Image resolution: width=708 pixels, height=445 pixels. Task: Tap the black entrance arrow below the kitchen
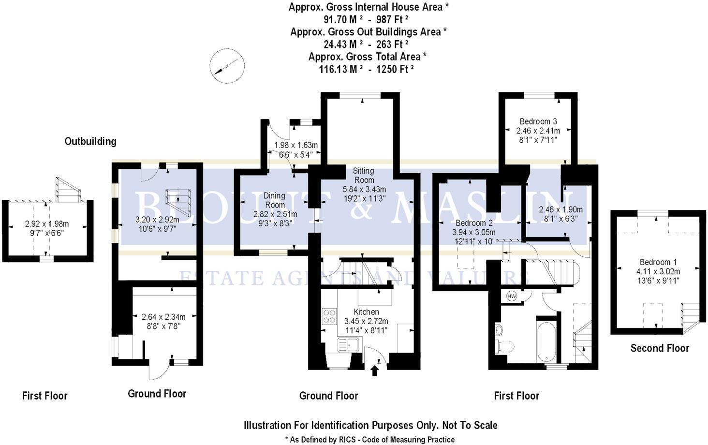374,371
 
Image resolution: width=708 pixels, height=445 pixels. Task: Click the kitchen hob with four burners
329,316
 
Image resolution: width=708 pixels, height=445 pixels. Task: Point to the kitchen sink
348,345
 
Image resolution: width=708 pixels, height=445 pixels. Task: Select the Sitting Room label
363,175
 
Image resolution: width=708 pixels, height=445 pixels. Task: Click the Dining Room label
274,200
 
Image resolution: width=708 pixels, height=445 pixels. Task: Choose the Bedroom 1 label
655,262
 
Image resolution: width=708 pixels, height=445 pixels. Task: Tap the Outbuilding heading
90,141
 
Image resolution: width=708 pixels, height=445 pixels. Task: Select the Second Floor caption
660,348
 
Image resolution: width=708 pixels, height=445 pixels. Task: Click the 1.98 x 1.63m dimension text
296,145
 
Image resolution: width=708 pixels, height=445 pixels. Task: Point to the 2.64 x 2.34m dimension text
163,317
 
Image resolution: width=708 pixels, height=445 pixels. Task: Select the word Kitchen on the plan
366,312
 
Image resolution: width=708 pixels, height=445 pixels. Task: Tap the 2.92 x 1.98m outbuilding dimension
47,224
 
